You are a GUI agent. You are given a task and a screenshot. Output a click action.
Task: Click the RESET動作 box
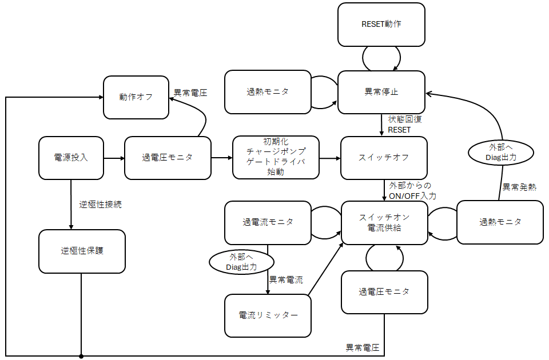[381, 25]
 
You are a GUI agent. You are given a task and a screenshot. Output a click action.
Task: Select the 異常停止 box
[381, 92]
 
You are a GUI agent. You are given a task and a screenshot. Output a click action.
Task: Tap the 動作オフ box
[136, 97]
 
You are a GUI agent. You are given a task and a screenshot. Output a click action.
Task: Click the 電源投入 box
[71, 158]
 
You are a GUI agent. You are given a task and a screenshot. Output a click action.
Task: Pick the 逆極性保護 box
[82, 251]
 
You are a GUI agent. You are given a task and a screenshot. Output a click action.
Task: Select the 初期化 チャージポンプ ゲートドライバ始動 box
[276, 157]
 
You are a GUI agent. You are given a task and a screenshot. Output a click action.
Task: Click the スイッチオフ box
[384, 158]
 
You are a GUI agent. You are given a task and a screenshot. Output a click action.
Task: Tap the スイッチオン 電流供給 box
[384, 222]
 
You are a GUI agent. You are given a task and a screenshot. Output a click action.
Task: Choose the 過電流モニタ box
[268, 222]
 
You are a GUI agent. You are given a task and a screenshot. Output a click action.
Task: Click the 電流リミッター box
[268, 315]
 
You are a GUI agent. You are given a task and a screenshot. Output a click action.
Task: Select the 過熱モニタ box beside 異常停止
[268, 92]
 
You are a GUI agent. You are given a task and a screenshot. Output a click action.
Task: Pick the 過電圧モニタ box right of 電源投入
[168, 158]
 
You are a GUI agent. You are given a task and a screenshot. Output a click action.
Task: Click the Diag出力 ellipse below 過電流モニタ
[241, 262]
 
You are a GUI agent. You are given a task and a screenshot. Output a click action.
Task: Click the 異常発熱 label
[519, 187]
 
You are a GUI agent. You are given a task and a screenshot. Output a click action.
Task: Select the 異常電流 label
[286, 280]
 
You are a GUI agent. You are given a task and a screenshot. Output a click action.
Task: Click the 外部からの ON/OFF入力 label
[412, 191]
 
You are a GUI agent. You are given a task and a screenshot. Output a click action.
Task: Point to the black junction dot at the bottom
[81, 356]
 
